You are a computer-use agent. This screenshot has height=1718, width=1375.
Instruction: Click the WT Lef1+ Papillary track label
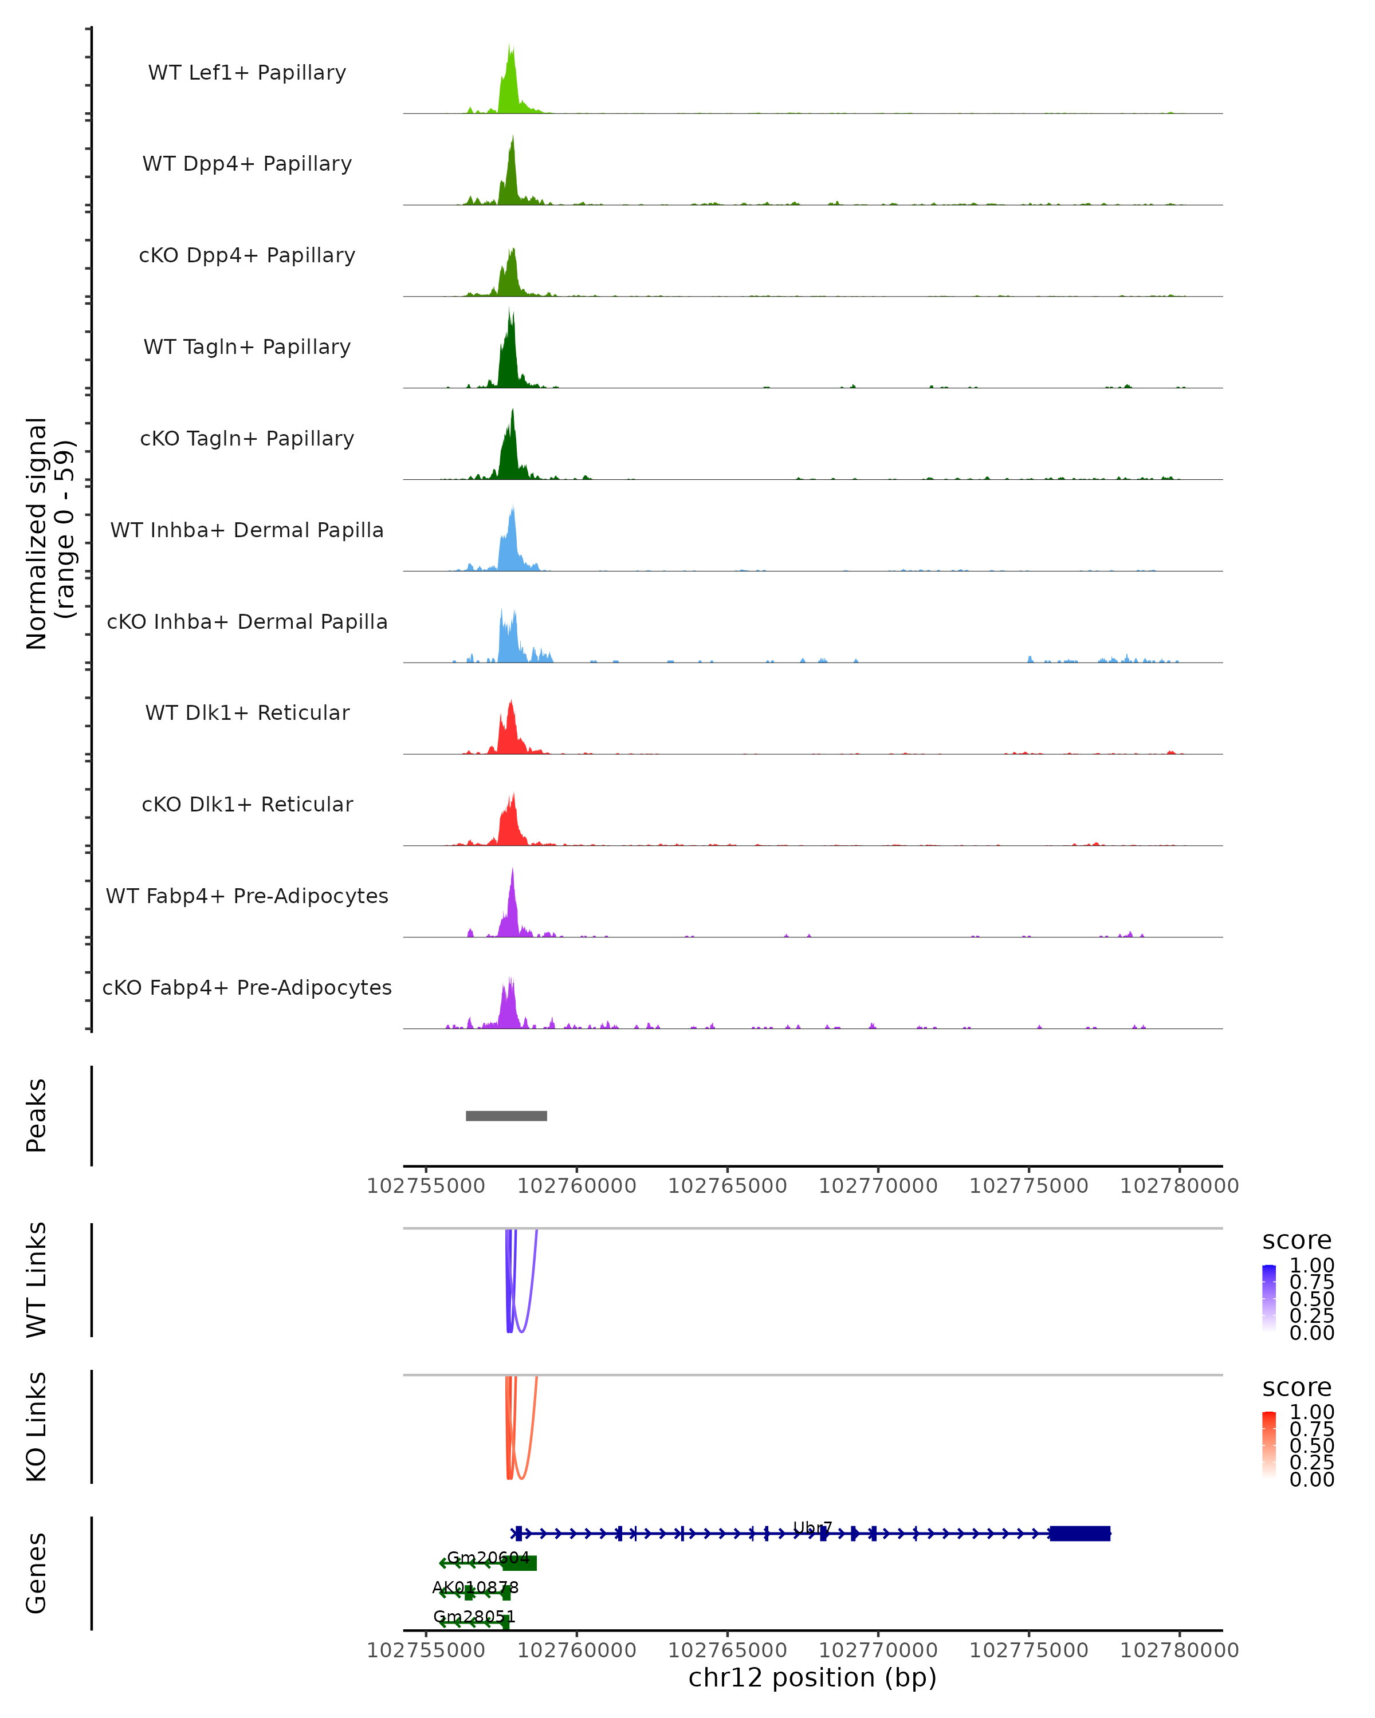click(x=247, y=73)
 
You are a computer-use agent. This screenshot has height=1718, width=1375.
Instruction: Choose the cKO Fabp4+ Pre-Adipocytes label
click(x=247, y=987)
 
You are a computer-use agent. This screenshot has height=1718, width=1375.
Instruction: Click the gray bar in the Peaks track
click(x=506, y=1116)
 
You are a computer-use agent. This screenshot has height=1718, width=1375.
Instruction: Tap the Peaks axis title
click(x=37, y=1116)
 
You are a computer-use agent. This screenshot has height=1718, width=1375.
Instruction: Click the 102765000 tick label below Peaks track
click(x=727, y=1186)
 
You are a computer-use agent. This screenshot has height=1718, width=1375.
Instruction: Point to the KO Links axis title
click(x=37, y=1427)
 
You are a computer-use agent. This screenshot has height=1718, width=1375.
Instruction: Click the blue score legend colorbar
click(x=1269, y=1298)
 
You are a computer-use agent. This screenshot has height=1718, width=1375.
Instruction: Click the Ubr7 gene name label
click(x=812, y=1527)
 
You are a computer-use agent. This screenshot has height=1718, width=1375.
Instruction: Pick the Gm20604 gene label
click(x=488, y=1557)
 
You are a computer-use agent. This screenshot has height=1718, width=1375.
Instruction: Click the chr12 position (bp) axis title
click(x=812, y=1677)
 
